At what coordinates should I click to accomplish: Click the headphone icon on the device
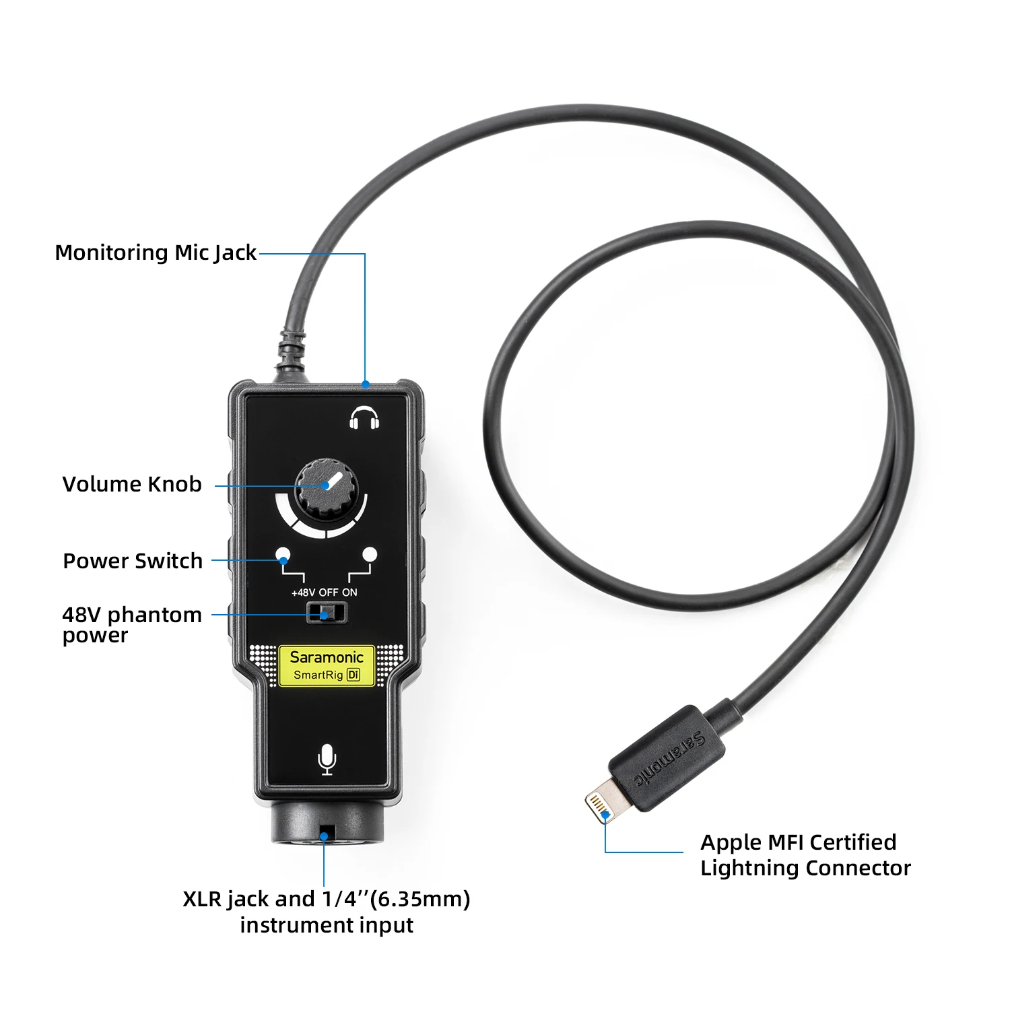364,418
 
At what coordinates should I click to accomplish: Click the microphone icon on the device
327,760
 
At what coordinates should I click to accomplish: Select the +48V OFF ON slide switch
327,613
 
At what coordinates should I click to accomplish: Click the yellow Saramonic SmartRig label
327,665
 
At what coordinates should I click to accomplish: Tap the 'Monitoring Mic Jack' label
156,252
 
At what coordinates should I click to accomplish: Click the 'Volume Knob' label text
132,484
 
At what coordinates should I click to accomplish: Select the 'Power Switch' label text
133,561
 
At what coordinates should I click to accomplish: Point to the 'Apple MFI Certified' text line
798,842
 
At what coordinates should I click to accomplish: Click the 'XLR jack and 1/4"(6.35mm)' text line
327,899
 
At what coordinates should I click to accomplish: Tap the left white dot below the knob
283,555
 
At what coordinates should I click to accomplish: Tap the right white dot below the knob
370,554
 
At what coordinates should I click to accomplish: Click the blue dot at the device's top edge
366,385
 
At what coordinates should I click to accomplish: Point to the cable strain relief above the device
291,350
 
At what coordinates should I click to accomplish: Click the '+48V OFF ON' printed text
324,593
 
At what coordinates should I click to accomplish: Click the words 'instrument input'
327,925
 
